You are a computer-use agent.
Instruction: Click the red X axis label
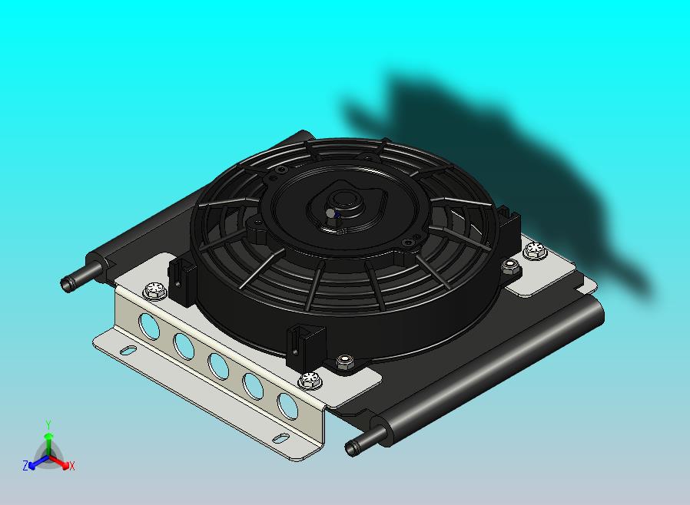tap(71, 466)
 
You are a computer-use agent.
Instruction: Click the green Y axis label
tap(48, 424)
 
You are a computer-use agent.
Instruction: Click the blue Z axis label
tap(25, 465)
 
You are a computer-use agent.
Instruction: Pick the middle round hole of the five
tap(217, 365)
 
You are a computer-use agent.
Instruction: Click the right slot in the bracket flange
tap(281, 437)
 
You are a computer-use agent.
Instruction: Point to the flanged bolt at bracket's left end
tap(154, 291)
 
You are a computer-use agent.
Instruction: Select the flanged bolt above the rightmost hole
tap(310, 379)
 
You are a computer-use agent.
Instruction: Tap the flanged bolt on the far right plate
tap(535, 249)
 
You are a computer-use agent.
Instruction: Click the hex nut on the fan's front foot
tap(345, 361)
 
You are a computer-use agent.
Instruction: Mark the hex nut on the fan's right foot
tap(509, 266)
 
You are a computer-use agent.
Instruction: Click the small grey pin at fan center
tap(330, 213)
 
